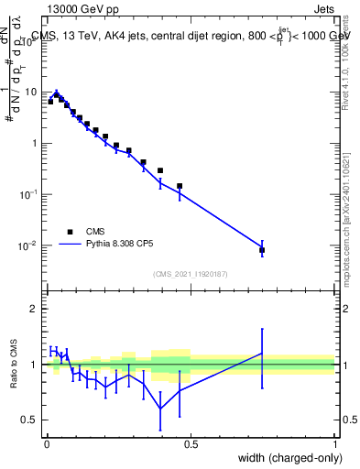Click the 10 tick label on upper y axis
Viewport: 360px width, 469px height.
[x=29, y=92]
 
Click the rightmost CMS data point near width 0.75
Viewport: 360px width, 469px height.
[x=262, y=250]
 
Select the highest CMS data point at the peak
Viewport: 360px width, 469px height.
[x=56, y=94]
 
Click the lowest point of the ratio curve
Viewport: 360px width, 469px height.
[x=161, y=408]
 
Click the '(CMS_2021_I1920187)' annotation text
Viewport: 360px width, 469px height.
[x=190, y=274]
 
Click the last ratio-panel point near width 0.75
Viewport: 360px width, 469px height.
[x=262, y=354]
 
